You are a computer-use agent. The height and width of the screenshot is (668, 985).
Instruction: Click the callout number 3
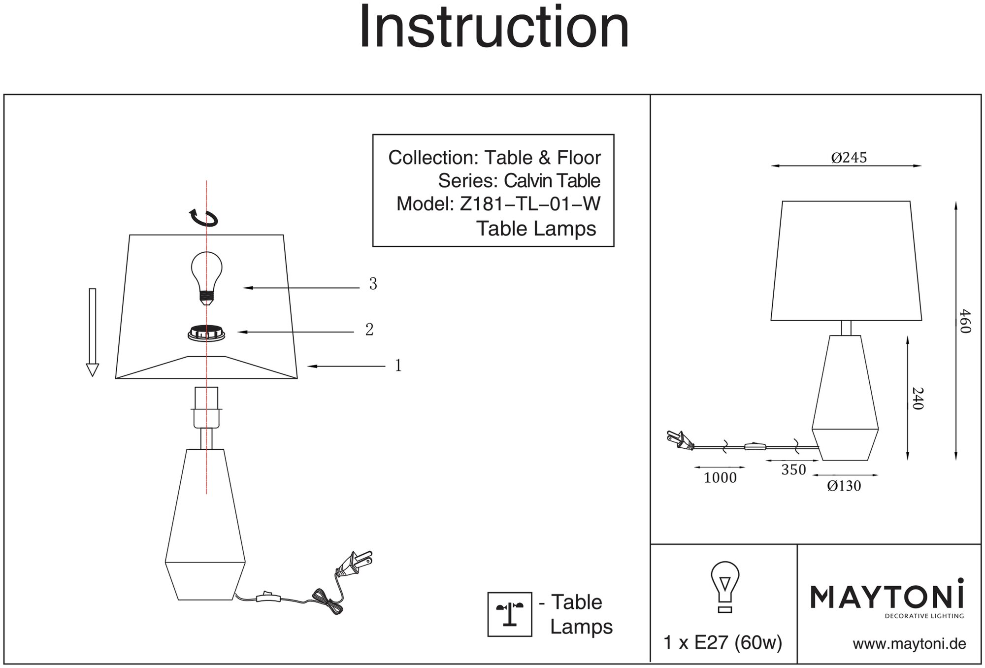coord(373,284)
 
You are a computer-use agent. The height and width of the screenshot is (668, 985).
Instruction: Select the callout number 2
coord(369,330)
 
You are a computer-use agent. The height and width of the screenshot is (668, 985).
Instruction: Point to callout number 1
coord(398,366)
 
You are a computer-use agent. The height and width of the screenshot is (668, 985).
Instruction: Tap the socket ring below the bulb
coord(206,333)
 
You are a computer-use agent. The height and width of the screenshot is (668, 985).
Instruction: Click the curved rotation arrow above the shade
coord(204,217)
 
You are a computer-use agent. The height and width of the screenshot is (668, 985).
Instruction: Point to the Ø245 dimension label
coord(849,158)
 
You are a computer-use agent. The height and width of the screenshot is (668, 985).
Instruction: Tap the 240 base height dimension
coord(918,398)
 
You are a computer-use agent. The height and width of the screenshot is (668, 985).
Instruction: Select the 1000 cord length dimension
coord(720,477)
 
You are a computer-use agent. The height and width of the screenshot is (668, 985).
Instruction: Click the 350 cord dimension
coord(793,470)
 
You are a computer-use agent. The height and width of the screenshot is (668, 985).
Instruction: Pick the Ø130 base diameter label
coord(844,486)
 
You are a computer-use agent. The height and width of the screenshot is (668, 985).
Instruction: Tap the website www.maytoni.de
coord(909,644)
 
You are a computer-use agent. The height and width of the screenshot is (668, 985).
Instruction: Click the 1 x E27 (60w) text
coord(722,643)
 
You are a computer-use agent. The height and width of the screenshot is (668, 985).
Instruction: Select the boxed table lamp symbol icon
coord(510,614)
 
